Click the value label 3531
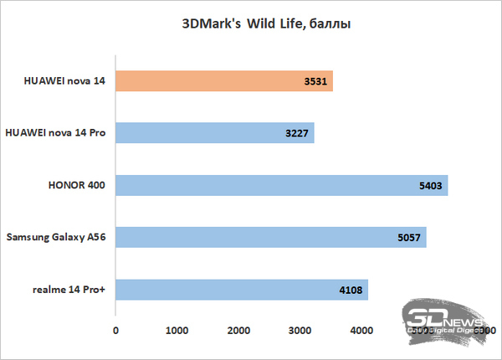point(319,82)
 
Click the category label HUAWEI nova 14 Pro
point(55,133)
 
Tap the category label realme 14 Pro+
point(74,290)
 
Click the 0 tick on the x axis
point(115,332)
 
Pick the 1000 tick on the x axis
point(177,332)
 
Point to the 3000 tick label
point(299,332)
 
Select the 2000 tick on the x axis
point(238,332)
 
